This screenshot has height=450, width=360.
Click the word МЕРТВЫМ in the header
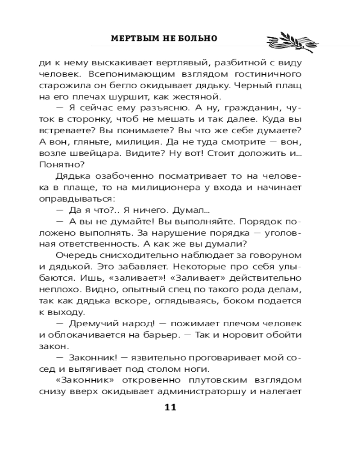[x=130, y=38]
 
